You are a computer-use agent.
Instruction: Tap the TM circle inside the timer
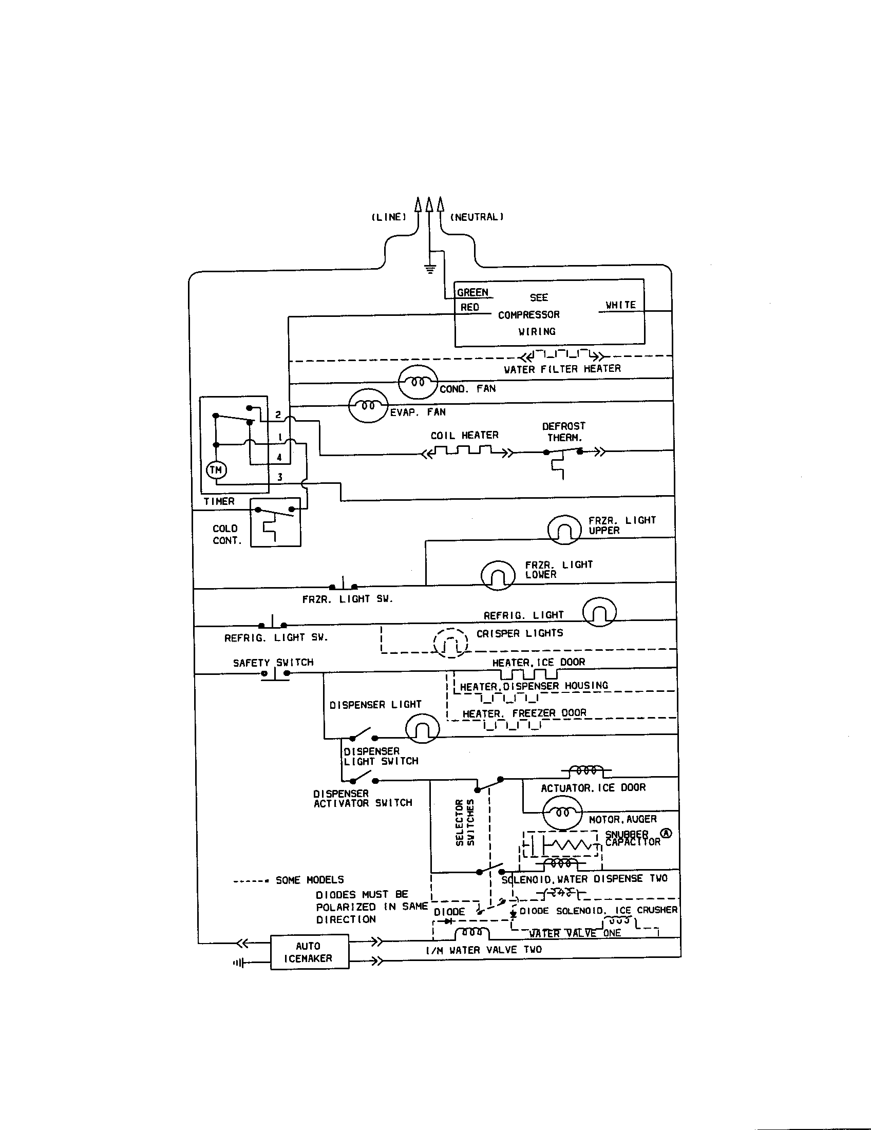pyautogui.click(x=216, y=470)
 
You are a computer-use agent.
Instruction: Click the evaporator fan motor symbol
pyautogui.click(x=368, y=406)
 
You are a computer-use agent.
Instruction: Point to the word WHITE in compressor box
pyautogui.click(x=621, y=305)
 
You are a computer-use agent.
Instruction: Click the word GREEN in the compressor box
pyautogui.click(x=472, y=292)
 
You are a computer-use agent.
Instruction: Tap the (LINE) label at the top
pyautogui.click(x=389, y=217)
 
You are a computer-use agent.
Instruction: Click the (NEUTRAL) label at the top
pyautogui.click(x=477, y=217)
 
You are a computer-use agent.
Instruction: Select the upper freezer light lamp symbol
pyautogui.click(x=564, y=530)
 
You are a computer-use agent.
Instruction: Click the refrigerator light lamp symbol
pyautogui.click(x=599, y=612)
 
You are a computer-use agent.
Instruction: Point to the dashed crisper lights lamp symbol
pyautogui.click(x=450, y=643)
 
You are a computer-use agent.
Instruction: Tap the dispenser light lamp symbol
pyautogui.click(x=422, y=728)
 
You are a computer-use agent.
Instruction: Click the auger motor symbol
pyautogui.click(x=562, y=813)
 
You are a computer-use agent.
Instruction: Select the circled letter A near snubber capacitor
pyautogui.click(x=666, y=833)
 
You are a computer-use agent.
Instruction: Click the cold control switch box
pyautogui.click(x=275, y=522)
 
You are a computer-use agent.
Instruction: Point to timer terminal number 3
pyautogui.click(x=280, y=477)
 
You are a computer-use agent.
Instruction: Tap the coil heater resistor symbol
pyautogui.click(x=467, y=452)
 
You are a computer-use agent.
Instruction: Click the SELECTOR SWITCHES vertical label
pyautogui.click(x=464, y=823)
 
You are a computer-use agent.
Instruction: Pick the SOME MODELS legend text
pyautogui.click(x=309, y=880)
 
